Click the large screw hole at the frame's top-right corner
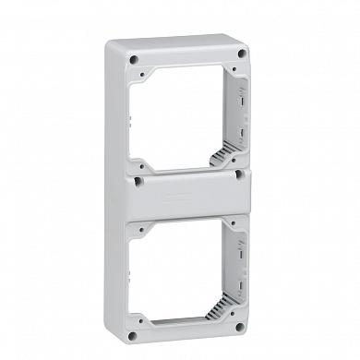pos(242,54)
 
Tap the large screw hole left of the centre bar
pos(136,175)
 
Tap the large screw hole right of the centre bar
pos(239,173)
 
